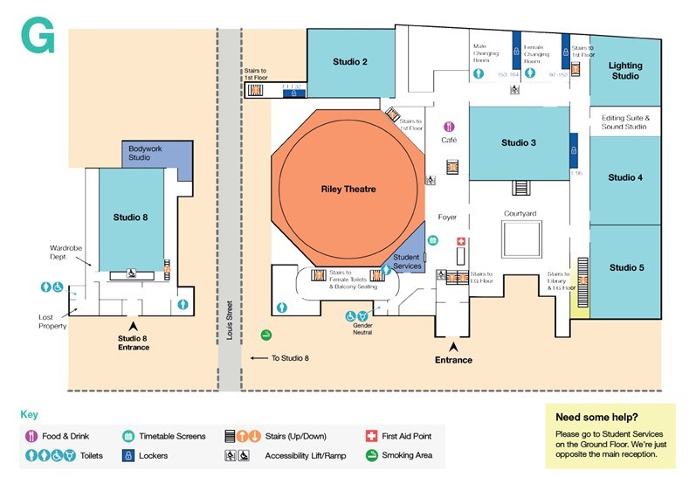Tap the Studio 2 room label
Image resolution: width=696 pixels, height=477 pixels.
(350, 61)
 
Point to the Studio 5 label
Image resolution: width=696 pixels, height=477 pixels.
(626, 267)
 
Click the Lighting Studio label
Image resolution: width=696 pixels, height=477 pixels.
(625, 71)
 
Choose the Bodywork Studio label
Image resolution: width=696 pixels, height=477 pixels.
(145, 153)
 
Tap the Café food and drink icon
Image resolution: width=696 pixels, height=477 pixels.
(449, 128)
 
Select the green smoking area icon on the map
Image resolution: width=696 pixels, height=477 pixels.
(265, 335)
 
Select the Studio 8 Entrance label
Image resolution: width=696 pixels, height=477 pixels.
(134, 342)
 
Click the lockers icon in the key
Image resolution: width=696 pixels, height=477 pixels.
(127, 455)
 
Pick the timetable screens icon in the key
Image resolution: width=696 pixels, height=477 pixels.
(127, 435)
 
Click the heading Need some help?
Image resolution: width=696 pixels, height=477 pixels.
(596, 417)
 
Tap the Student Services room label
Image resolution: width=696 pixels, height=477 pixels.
(407, 261)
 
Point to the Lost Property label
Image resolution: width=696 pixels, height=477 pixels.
(53, 321)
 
